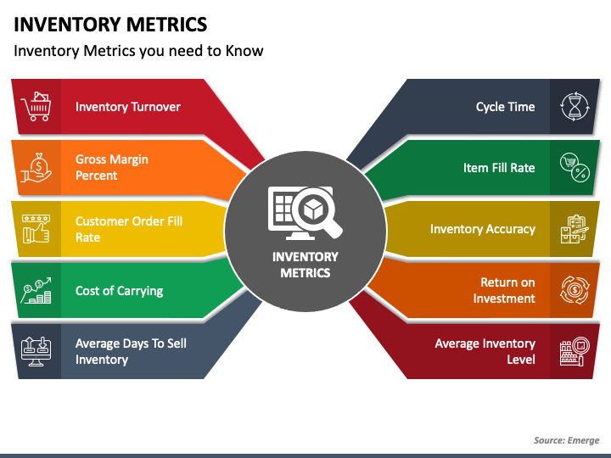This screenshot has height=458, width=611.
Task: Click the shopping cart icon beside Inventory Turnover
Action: pyautogui.click(x=36, y=106)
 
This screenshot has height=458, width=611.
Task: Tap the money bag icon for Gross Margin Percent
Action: pyautogui.click(x=36, y=167)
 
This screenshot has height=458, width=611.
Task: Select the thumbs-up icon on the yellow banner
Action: pyautogui.click(x=36, y=229)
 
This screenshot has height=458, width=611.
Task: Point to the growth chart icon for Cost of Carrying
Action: pyautogui.click(x=36, y=291)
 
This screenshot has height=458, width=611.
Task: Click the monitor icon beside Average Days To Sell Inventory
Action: pyautogui.click(x=36, y=351)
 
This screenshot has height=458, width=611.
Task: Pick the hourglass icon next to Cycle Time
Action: pyautogui.click(x=575, y=106)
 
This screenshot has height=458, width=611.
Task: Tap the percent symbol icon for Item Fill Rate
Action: pyautogui.click(x=575, y=167)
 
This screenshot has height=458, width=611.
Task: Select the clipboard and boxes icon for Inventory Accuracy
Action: pyautogui.click(x=575, y=229)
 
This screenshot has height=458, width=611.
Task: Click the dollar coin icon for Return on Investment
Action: pyautogui.click(x=575, y=290)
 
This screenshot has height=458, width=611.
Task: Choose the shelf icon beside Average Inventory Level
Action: pyautogui.click(x=575, y=351)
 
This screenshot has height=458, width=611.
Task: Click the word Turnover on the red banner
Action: pyautogui.click(x=155, y=107)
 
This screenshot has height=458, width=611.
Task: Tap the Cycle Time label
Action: pyautogui.click(x=506, y=107)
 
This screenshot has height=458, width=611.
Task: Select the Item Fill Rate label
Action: pyautogui.click(x=499, y=168)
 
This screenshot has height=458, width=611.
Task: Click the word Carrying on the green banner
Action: pyautogui.click(x=140, y=291)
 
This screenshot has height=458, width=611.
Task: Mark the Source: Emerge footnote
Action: pyautogui.click(x=566, y=440)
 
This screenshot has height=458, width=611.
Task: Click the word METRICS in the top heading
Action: pyautogui.click(x=167, y=25)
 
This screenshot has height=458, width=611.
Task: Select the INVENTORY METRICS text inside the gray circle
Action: pyautogui.click(x=305, y=265)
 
